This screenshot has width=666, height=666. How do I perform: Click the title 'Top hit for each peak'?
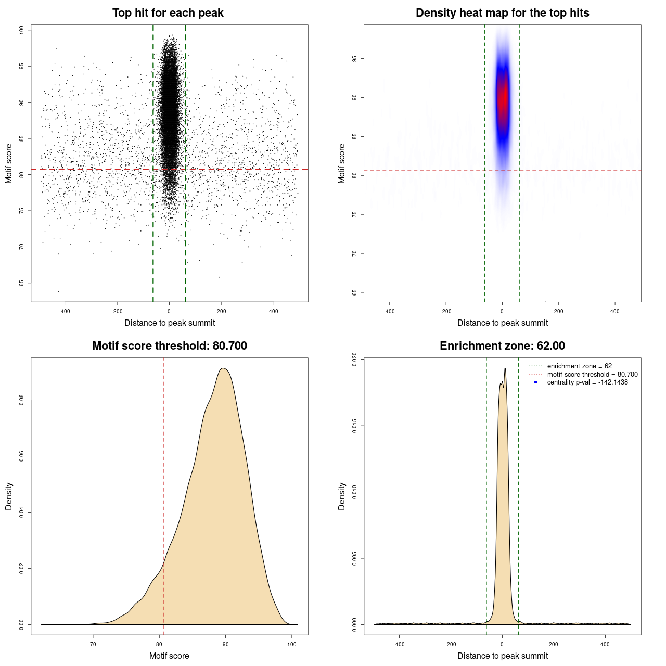[x=168, y=13]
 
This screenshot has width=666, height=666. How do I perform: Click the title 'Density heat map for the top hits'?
[x=502, y=13]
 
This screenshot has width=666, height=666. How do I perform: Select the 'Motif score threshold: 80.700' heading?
[x=169, y=346]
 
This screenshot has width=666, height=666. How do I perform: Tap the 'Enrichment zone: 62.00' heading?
[x=502, y=346]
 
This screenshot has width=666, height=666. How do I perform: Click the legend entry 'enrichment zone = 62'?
[x=579, y=366]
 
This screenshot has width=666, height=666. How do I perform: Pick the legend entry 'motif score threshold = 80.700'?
[x=592, y=374]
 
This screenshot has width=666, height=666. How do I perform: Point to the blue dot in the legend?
[x=535, y=382]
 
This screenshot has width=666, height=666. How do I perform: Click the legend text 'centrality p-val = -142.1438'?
[x=587, y=382]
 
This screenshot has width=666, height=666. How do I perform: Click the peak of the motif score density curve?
[x=223, y=368]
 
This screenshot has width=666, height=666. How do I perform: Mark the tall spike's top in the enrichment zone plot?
[x=505, y=368]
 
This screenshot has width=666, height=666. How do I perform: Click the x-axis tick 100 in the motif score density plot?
[x=292, y=645]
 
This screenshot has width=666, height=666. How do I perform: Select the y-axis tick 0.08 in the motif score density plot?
[x=22, y=400]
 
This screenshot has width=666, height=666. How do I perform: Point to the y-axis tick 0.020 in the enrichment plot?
[x=355, y=360]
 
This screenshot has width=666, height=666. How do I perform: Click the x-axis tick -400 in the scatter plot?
[x=65, y=312]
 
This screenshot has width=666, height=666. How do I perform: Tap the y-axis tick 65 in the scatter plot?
[x=22, y=283]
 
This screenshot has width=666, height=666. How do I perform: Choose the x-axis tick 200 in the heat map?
[x=558, y=312]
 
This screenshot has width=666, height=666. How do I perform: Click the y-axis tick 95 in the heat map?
[x=355, y=59]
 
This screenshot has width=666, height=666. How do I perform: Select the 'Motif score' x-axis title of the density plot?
[x=169, y=656]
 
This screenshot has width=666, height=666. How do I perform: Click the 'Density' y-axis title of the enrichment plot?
[x=342, y=496]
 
